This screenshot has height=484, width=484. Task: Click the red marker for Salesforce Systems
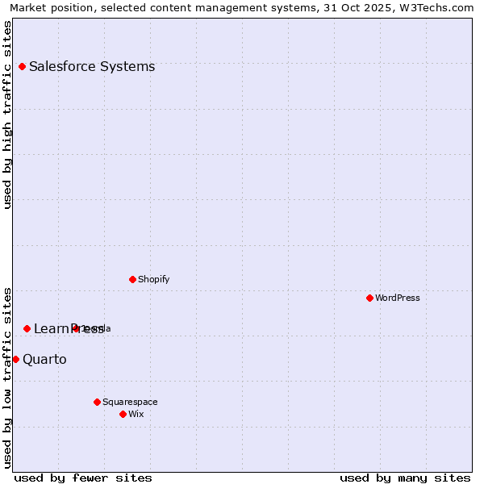click(22, 66)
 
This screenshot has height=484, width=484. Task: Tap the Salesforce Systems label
click(92, 66)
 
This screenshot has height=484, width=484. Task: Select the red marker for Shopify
click(132, 279)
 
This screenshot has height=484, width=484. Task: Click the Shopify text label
click(153, 279)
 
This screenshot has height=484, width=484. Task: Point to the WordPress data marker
click(369, 298)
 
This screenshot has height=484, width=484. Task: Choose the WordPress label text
click(398, 298)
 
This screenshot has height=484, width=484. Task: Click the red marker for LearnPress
click(27, 328)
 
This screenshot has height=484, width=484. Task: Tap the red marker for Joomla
click(76, 328)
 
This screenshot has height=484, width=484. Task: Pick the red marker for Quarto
click(15, 359)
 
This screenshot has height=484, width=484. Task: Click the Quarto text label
click(44, 359)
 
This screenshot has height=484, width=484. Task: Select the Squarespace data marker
click(97, 402)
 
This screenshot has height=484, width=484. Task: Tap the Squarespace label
click(130, 402)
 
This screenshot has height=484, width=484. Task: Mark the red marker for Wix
click(123, 414)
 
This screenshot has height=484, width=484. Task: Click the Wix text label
click(136, 414)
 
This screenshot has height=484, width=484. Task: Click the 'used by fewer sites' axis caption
click(83, 478)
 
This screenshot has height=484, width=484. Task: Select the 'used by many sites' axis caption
click(405, 478)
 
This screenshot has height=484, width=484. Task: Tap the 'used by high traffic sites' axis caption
click(7, 115)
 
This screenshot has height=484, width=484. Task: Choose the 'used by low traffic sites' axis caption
click(7, 377)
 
